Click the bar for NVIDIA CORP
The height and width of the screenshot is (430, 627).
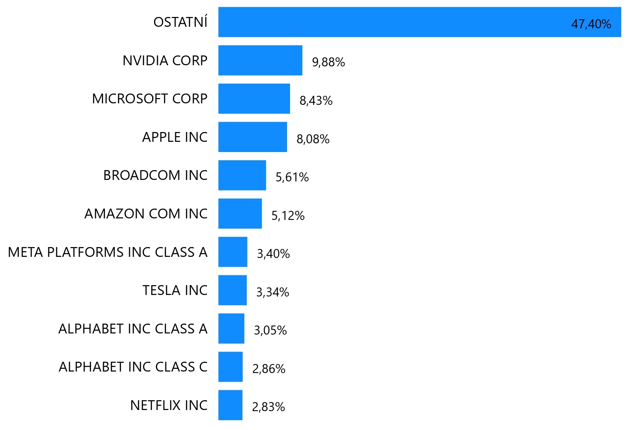click(260, 60)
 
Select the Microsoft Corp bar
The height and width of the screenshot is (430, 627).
click(254, 98)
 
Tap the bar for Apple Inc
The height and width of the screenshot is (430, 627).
click(253, 137)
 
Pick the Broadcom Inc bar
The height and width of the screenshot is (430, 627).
click(242, 175)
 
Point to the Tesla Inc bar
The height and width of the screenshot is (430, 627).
click(232, 290)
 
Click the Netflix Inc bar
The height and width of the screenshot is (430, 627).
click(230, 405)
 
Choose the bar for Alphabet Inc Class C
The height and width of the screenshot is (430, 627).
click(230, 367)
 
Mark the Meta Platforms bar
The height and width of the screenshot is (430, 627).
click(233, 252)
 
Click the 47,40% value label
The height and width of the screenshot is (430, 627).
click(591, 24)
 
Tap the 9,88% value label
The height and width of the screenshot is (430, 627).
click(328, 62)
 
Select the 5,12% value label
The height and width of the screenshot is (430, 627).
click(288, 216)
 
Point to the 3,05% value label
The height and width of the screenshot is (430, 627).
click(270, 330)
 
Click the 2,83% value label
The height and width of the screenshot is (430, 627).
click(268, 407)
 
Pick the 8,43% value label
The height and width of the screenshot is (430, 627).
click(316, 101)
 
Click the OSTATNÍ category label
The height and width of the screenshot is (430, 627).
click(180, 22)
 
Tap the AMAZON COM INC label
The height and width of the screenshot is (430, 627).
click(146, 214)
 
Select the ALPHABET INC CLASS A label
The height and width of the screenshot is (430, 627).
click(133, 329)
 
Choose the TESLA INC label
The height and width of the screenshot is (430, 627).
click(175, 290)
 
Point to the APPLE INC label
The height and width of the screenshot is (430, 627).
click(175, 137)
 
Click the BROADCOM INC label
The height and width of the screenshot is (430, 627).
click(155, 175)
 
